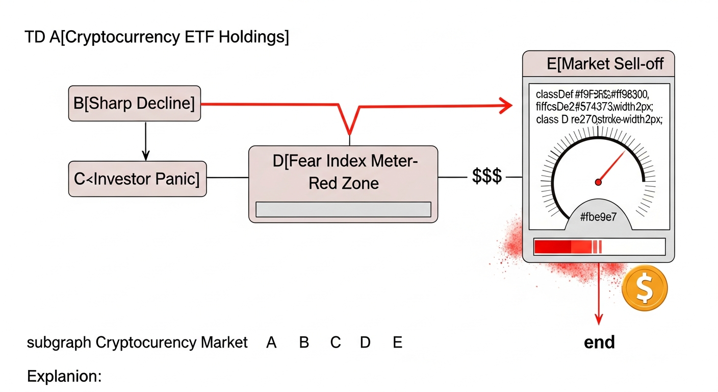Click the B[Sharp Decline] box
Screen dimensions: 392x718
coord(135,104)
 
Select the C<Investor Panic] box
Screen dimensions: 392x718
coord(137,179)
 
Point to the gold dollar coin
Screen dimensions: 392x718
coord(645,288)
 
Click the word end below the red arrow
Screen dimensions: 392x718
coord(599,342)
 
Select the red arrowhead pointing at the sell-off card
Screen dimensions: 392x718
coord(505,106)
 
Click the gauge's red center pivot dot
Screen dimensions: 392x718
coord(598,182)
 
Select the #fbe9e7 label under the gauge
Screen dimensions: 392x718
coord(599,217)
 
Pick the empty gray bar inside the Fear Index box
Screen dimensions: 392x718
coord(343,210)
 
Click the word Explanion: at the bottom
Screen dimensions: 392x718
coord(64,377)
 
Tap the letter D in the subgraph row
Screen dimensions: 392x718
coord(365,342)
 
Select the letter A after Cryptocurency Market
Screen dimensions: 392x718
coord(271,342)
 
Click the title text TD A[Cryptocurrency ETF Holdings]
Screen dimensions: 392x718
coord(157,37)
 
